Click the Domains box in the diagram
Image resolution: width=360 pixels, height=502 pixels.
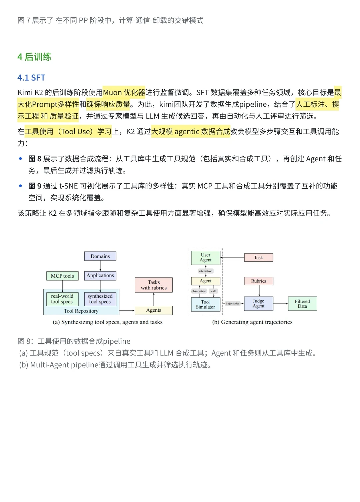pos(100,256)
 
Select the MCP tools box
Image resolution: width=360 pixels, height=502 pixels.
pos(62,276)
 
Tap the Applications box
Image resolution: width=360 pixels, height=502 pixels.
pos(100,275)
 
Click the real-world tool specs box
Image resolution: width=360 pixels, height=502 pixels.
pos(62,299)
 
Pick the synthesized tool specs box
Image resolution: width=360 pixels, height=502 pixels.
pos(100,299)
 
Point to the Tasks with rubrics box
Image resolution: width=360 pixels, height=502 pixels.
pos(154,285)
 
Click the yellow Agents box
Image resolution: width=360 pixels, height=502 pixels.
pos(154,310)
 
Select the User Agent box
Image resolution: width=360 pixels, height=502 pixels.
pos(206,257)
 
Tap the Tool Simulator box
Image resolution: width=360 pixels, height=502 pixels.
pos(206,304)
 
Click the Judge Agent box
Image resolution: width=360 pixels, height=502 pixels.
pos(258,303)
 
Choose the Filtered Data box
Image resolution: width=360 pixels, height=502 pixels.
pos(302,303)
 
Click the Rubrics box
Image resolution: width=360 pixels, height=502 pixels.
pos(259,281)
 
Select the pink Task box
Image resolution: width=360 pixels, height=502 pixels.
pos(258,257)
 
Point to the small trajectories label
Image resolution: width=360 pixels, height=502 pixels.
pos(232,303)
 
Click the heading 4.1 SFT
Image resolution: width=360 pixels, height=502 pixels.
pos(31,78)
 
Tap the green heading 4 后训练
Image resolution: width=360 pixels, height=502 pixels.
pos(34,57)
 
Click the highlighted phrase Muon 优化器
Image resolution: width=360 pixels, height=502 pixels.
pos(124,92)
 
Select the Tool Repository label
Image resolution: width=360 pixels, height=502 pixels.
pos(81,311)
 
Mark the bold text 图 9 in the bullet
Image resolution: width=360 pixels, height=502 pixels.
pos(35,186)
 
